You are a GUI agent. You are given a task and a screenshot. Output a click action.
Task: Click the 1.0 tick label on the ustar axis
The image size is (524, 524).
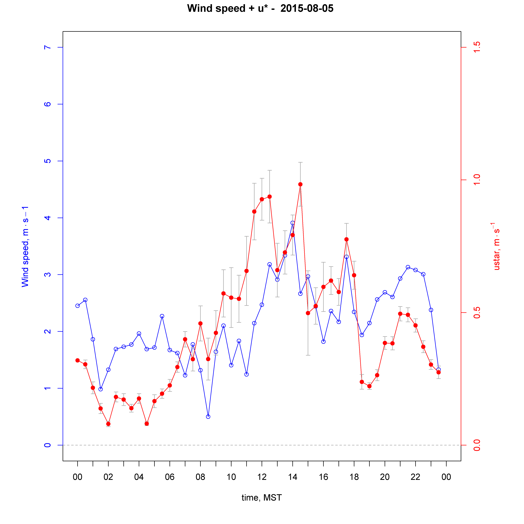point(477,180)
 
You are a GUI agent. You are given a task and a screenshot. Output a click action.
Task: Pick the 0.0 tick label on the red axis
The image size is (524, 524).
point(477,445)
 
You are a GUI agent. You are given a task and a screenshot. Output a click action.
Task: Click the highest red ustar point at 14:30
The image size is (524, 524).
point(300,184)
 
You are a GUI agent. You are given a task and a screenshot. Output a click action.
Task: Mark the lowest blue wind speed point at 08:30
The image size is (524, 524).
point(208,417)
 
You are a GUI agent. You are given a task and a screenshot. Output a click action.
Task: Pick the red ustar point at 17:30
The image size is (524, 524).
point(346,239)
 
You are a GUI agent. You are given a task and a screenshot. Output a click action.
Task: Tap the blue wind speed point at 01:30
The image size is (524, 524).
point(101,389)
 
